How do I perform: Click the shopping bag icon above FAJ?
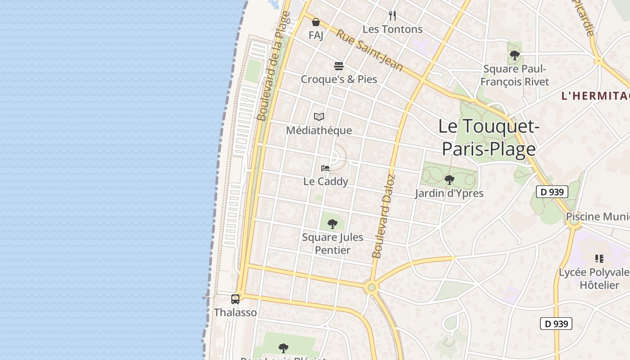coord(316,22)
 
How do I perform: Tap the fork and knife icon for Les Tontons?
coord(392,16)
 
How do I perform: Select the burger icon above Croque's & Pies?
coord(339,67)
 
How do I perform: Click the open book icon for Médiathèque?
coord(319,117)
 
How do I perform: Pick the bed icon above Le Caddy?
coord(325,168)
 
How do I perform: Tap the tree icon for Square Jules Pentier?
coord(333,224)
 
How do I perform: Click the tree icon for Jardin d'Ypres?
coord(449,180)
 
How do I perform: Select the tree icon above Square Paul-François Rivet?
coord(515,56)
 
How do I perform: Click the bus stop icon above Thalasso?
coord(235,299)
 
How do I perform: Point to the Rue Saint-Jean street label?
coord(369,50)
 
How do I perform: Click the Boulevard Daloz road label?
coord(384,216)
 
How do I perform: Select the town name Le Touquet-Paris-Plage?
coord(489,137)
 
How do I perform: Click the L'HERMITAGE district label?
coord(595,96)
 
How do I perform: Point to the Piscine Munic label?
coord(597,216)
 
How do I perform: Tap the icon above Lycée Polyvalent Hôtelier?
coord(599,259)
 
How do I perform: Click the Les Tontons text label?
coord(392,29)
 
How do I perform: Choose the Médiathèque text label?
coord(319,130)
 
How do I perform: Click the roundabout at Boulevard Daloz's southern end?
coord(371,287)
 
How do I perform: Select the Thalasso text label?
coord(235,312)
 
